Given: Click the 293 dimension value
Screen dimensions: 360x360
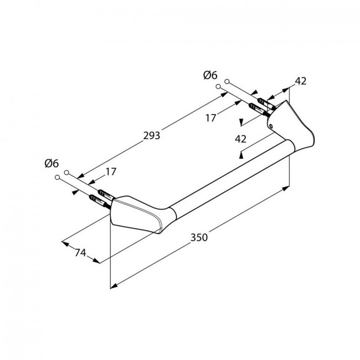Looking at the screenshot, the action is coord(152,136).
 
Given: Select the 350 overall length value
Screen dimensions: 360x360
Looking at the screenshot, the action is coord(199,237).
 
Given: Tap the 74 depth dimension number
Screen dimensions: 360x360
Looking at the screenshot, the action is coord(80,253).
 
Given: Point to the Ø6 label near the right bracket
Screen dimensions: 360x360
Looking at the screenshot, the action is coord(210,75).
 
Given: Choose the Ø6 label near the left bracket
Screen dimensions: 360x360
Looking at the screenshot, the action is coord(52,163).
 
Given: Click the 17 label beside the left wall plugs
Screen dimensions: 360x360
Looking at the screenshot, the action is coord(111,172).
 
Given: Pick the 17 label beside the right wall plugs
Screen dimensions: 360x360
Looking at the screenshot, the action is coord(211,118).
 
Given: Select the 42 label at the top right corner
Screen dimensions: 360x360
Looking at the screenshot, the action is coord(301,81).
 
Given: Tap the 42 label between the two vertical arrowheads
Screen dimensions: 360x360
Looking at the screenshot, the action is coord(240,139).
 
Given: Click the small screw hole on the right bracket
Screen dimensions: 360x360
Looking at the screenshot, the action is coord(271,126).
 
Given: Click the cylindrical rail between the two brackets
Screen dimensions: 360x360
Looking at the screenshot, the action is coord(232,177).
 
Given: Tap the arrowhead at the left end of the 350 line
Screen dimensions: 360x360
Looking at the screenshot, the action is coord(114,286).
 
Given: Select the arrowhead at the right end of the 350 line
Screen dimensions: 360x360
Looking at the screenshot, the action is coord(285,188).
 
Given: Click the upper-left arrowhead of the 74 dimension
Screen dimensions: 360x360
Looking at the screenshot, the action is coord(65,244).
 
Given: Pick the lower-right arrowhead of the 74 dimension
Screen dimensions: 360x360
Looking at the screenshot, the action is coord(96,261).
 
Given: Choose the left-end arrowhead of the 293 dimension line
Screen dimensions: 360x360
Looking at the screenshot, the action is coord(81,176).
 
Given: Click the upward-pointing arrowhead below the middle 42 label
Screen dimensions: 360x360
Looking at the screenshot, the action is coord(241,156).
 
